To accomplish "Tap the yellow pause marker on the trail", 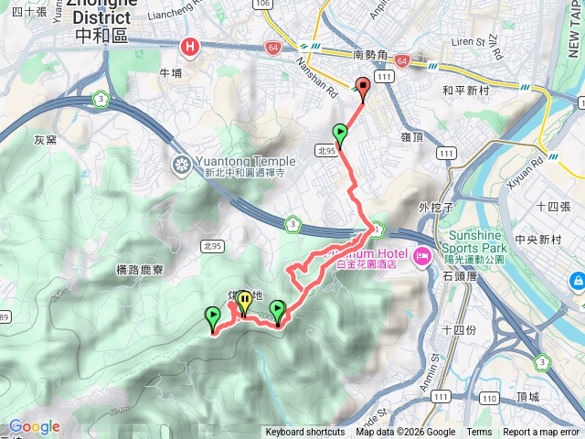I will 244,300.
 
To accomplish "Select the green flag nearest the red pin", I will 341,134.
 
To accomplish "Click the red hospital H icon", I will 190,46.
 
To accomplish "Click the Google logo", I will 34,426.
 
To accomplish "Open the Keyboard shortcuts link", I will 305,433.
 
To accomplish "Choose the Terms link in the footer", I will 479,433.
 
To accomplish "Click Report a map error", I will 542,433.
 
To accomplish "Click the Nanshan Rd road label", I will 319,78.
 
